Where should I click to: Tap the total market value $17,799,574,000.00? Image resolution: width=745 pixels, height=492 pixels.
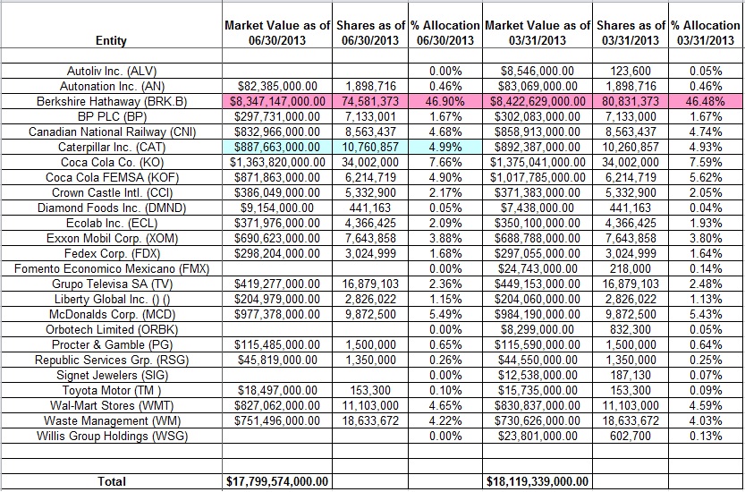coord(278,481)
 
